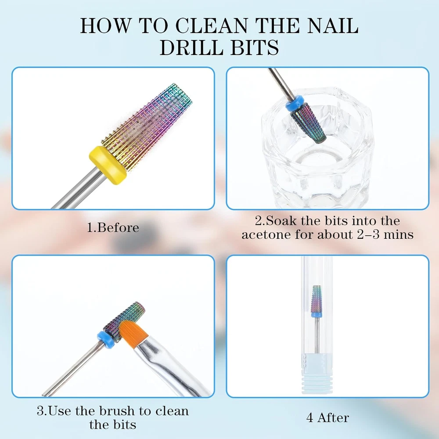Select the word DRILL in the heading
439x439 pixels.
(191, 47)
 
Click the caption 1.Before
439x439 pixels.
(113, 227)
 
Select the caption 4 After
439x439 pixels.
(327, 418)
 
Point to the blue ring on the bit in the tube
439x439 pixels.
(317, 315)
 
